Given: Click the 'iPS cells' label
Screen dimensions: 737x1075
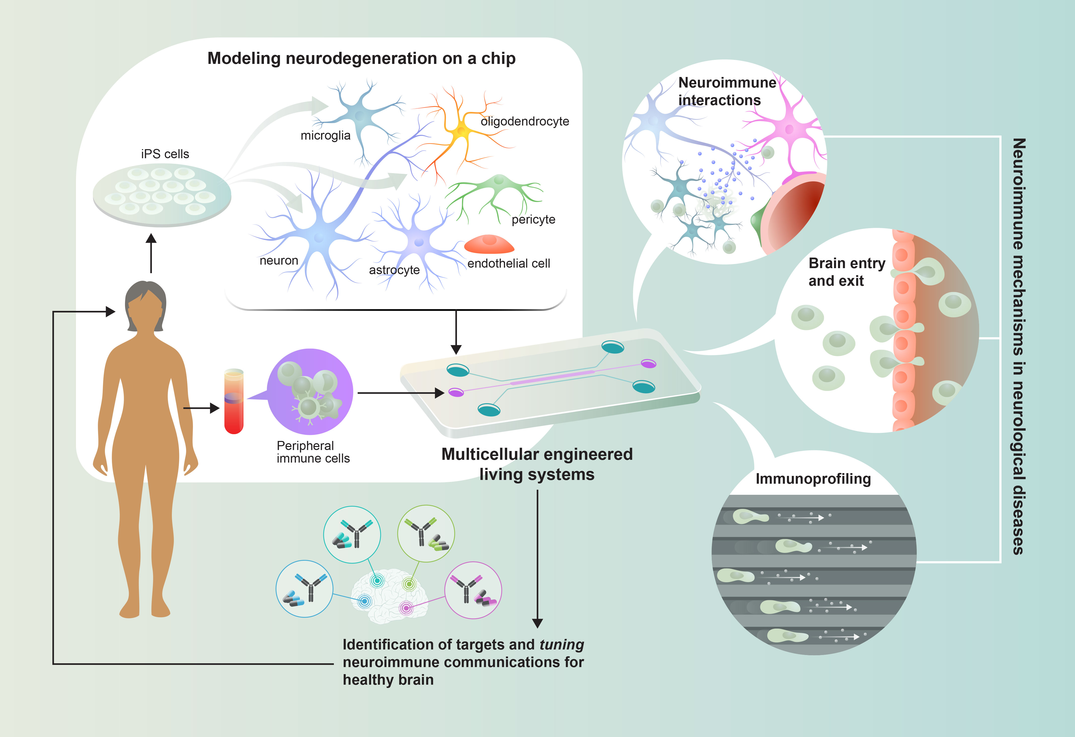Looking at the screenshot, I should click(165, 154).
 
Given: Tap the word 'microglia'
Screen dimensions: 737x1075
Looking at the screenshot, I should click(325, 136).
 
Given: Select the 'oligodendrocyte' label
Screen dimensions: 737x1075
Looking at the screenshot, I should click(525, 121).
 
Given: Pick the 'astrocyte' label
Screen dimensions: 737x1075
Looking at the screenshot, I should click(394, 270).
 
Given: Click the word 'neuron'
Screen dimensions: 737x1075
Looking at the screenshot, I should click(278, 261).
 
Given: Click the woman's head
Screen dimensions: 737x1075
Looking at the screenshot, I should click(146, 305).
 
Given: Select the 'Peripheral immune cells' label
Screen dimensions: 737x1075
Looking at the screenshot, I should click(313, 452).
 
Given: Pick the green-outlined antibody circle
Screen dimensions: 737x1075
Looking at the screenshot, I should click(426, 533).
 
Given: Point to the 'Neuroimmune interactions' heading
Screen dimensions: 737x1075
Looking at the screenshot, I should click(727, 91).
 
